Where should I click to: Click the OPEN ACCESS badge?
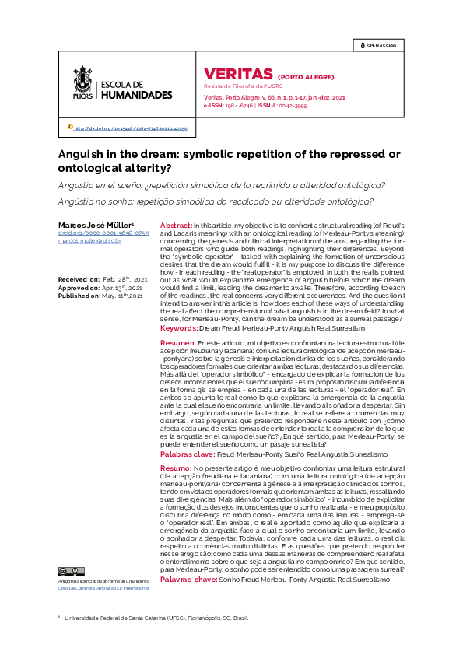[x=378, y=45]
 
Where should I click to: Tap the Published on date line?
[x=100, y=296]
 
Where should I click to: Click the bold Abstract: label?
[x=176, y=225]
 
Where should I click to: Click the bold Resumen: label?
[x=178, y=342]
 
